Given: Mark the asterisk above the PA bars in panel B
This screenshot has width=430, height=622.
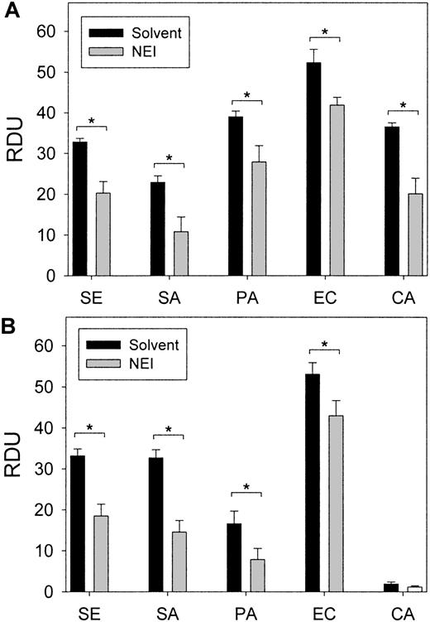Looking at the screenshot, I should pos(247,488).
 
